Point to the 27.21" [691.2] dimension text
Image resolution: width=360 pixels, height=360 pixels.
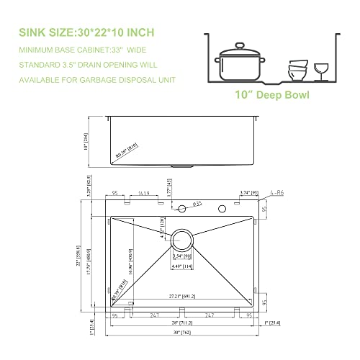click(181, 297)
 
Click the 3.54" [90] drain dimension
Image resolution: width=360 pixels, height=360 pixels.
click(181, 255)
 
